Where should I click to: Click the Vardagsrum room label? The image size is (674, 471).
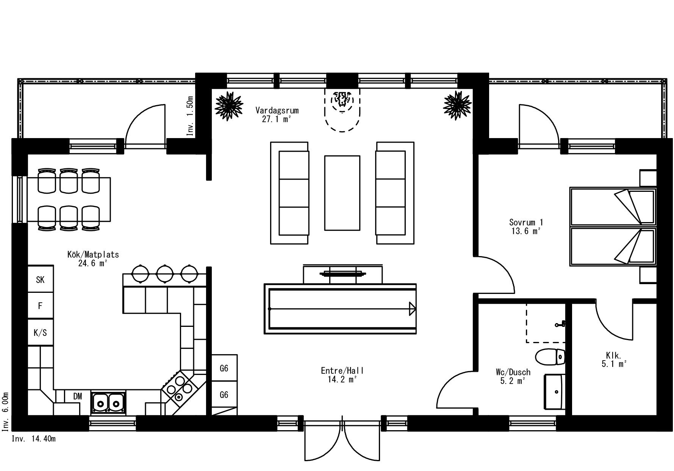277,110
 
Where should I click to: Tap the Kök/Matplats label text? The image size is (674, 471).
93,255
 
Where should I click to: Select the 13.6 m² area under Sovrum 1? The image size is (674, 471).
525,231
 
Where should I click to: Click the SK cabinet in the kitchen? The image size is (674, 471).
40,280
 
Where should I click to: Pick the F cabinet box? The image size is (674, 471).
40,306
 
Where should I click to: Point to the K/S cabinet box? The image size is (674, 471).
40,333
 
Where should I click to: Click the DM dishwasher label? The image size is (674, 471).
77,396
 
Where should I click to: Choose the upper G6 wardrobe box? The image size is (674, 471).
224,368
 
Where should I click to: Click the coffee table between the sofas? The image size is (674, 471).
342,193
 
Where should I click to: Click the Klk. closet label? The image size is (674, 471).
613,356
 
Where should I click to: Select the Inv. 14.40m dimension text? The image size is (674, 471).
34,439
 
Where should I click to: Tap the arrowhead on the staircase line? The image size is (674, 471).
412,309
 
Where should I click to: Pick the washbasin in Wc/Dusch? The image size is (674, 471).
554,392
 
